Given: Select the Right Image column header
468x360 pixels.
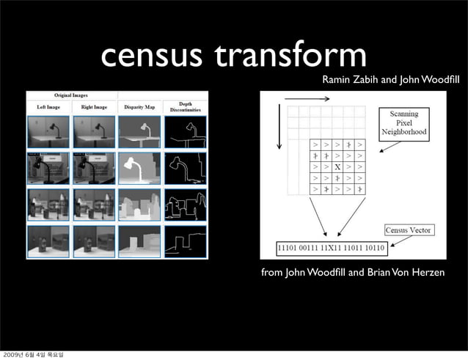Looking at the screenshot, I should [x=93, y=107].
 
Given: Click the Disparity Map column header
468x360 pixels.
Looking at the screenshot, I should [x=139, y=107].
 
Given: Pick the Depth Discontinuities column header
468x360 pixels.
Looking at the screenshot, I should [x=185, y=107].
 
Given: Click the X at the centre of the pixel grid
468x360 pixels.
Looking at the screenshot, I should [x=337, y=167].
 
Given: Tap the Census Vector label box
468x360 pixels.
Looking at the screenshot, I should [x=408, y=230].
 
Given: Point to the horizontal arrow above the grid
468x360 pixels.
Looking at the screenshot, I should [x=307, y=98].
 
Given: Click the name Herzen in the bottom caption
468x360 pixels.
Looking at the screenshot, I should [x=427, y=273].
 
